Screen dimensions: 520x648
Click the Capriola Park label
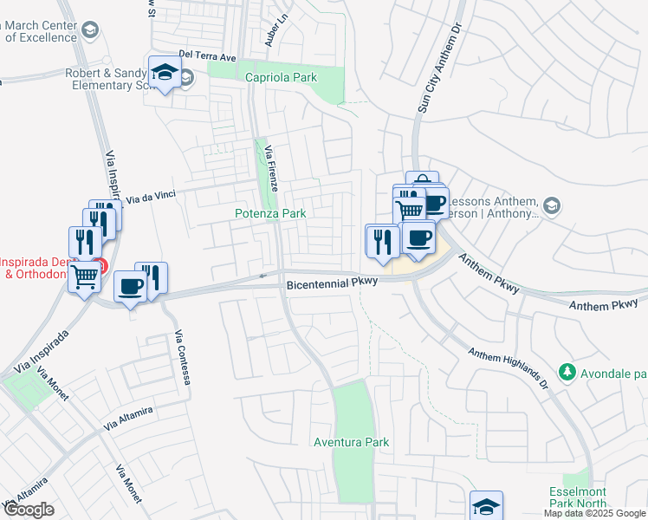[x=281, y=77]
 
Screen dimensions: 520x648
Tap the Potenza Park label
[x=270, y=213]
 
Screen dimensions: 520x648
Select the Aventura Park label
[x=351, y=442]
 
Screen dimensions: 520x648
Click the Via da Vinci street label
[x=152, y=197]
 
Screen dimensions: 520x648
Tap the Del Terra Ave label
[x=207, y=56]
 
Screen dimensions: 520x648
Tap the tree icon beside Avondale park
[x=567, y=373]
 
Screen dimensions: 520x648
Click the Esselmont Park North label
[x=581, y=497]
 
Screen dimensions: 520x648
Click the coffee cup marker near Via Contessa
[x=130, y=287]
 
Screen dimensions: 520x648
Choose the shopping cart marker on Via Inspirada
[x=84, y=277]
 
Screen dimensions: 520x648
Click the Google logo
[x=28, y=510]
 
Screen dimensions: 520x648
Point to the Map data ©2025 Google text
[x=594, y=513]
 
